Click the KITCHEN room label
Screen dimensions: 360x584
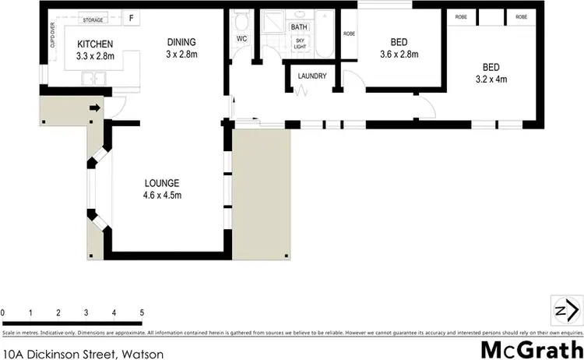pyautogui.click(x=95, y=44)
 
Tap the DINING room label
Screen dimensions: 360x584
pyautogui.click(x=181, y=42)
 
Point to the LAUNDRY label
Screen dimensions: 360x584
pyautogui.click(x=311, y=76)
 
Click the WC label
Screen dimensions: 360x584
pyautogui.click(x=241, y=38)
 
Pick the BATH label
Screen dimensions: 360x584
pyautogui.click(x=299, y=27)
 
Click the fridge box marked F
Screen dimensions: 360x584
pyautogui.click(x=131, y=18)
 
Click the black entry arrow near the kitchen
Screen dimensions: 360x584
pyautogui.click(x=95, y=108)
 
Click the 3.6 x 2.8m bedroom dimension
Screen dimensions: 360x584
pyautogui.click(x=397, y=55)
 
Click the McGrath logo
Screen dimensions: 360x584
pyautogui.click(x=532, y=349)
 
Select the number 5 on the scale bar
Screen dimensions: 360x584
pyautogui.click(x=142, y=313)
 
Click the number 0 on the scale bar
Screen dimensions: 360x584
pyautogui.click(x=3, y=313)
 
